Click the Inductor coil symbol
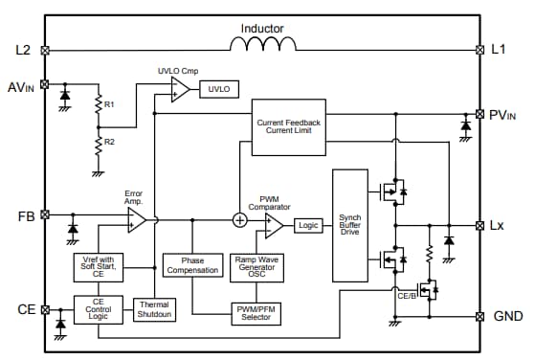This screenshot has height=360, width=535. click(x=262, y=43)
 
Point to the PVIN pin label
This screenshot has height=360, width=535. click(x=505, y=115)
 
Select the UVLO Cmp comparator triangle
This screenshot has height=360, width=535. click(x=180, y=90)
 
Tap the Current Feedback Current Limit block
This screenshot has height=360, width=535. click(x=288, y=125)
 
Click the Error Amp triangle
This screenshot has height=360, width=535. click(x=137, y=219)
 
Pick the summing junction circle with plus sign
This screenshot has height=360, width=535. click(x=239, y=219)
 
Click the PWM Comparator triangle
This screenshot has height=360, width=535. click(x=273, y=225)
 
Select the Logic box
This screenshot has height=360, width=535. click(x=307, y=225)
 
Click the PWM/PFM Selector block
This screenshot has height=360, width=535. click(x=254, y=313)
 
